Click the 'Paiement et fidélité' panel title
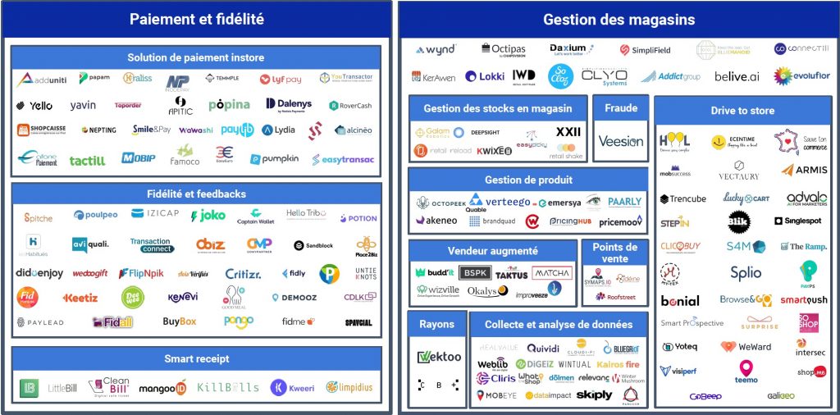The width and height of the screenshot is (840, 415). click(x=197, y=19)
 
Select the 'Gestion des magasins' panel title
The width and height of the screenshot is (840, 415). click(x=619, y=20)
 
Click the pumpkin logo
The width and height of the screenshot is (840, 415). click(x=275, y=158)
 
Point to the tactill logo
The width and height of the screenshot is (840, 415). click(x=87, y=161)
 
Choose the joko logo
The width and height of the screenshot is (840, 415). click(x=208, y=216)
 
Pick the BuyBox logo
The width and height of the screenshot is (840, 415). click(x=180, y=322)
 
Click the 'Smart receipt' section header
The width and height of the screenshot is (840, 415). click(x=196, y=358)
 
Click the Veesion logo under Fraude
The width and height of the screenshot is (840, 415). click(x=621, y=141)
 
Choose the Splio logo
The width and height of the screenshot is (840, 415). click(x=746, y=272)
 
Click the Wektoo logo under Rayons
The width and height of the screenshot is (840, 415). click(x=437, y=357)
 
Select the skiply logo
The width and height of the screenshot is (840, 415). click(x=595, y=394)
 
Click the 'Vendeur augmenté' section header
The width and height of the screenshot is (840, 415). click(x=492, y=251)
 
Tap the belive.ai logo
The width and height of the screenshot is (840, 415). click(x=735, y=76)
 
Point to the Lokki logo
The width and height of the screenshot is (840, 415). click(x=484, y=76)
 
